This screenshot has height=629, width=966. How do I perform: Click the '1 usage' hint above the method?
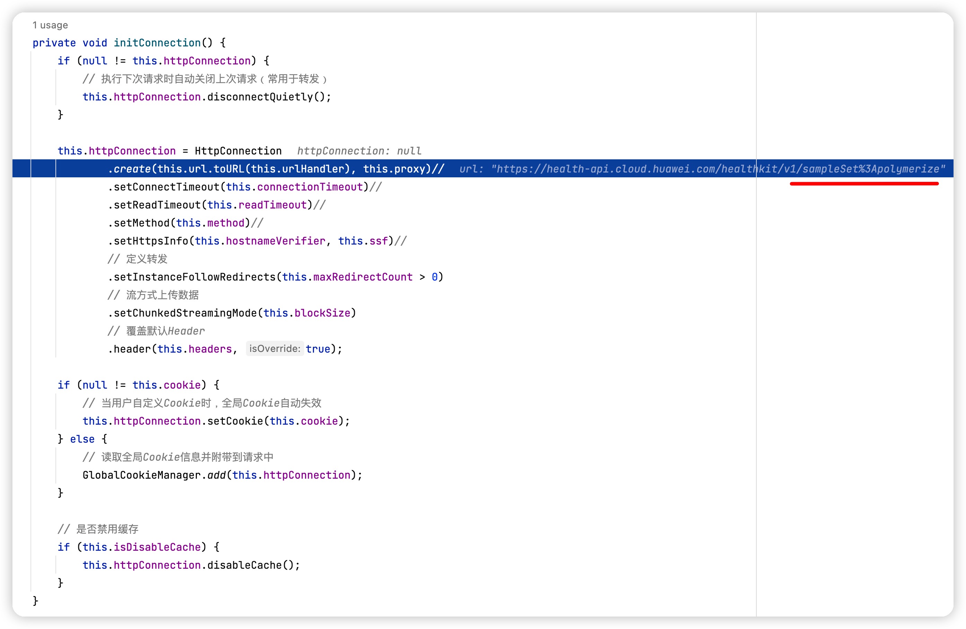[x=50, y=25]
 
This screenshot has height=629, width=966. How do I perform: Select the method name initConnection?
[x=157, y=43]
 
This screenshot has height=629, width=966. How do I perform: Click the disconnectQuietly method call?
[x=260, y=97]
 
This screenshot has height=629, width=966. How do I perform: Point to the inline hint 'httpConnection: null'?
[x=359, y=151]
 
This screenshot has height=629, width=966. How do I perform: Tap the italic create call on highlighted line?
[x=132, y=169]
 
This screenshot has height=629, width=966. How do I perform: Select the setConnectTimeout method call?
[x=166, y=187]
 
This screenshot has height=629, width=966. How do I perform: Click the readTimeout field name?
[x=272, y=205]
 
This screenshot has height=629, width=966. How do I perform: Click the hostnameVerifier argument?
[x=275, y=241]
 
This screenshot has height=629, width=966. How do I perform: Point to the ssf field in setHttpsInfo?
[x=378, y=241]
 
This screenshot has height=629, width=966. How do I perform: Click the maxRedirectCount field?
[x=362, y=277]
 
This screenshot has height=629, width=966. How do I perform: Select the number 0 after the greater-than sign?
[x=434, y=277]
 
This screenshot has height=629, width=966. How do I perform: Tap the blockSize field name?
[x=322, y=313]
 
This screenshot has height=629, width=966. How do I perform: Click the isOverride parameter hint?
[x=274, y=348]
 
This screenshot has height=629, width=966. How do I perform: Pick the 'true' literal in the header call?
[x=318, y=349]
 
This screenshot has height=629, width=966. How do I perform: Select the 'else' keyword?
[x=82, y=439]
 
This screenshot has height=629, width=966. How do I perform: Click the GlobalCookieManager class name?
[x=141, y=475]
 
